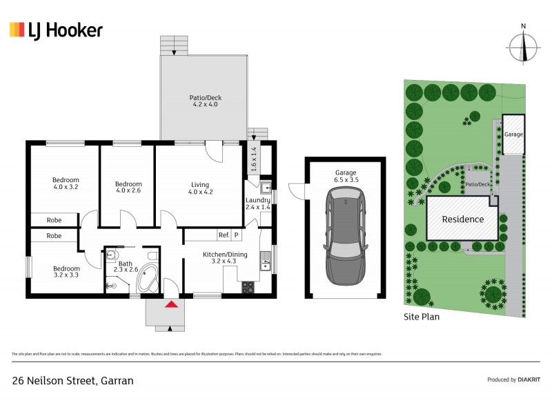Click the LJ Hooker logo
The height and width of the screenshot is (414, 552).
[x=56, y=30]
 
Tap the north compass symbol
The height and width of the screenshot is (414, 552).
[x=524, y=46]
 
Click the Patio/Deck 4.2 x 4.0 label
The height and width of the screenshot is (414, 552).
[x=206, y=101]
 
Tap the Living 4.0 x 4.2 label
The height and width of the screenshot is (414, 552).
[x=200, y=188]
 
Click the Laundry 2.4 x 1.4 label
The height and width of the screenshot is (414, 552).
[x=258, y=204]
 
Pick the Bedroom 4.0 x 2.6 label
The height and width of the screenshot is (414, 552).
[x=128, y=188]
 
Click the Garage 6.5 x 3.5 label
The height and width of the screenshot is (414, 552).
[x=344, y=175]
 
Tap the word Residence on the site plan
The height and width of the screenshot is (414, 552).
[x=462, y=219]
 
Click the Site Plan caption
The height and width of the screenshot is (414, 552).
[x=421, y=317]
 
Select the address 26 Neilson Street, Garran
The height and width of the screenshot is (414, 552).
[x=72, y=380]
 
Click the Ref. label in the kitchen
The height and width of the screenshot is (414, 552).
[x=224, y=235]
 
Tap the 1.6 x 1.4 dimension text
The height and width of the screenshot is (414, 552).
[x=253, y=159]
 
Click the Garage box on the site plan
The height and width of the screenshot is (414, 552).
[x=513, y=135]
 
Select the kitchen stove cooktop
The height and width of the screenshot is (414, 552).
[x=248, y=288]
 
